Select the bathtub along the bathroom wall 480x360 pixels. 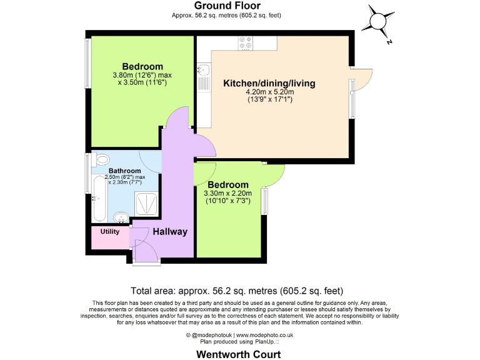(x=99, y=198)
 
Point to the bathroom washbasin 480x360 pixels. (x=121, y=217)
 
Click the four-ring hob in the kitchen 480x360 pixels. (x=246, y=42)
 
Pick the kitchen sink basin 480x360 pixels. (x=204, y=70)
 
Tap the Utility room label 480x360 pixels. (x=109, y=232)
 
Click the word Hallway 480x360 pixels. (x=170, y=232)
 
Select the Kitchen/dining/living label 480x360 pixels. (x=269, y=83)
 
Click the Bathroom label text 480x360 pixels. (x=125, y=171)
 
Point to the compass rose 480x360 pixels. (x=379, y=21)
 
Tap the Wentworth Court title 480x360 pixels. (x=240, y=354)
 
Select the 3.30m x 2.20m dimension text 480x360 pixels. (x=227, y=194)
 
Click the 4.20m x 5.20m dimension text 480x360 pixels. (x=269, y=92)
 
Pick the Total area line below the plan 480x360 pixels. (x=237, y=291)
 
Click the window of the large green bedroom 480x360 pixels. (x=88, y=61)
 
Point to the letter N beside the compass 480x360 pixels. (x=389, y=42)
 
